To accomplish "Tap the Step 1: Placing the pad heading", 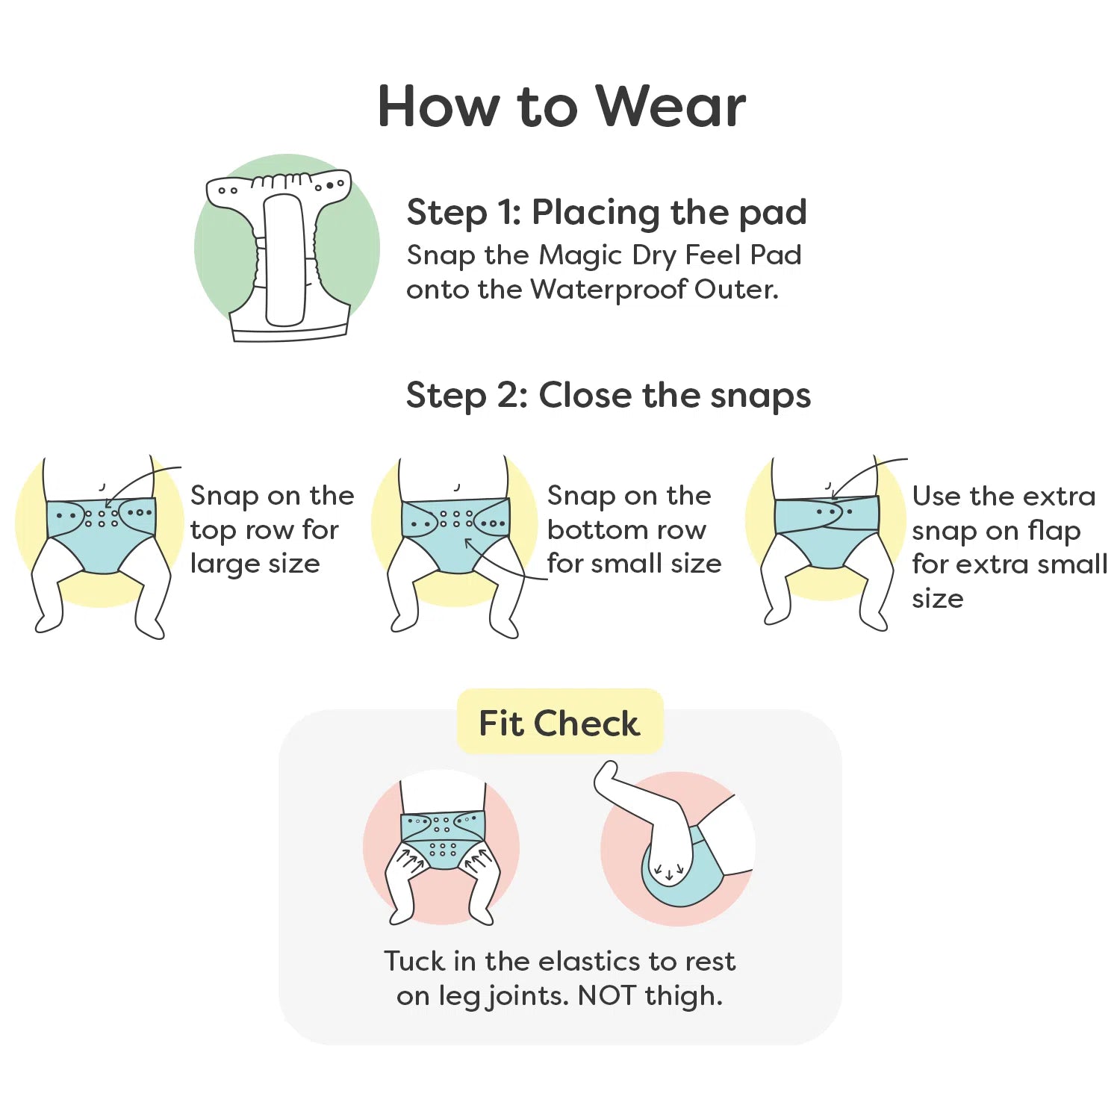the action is point(606,212).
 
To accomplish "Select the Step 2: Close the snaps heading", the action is point(608,395).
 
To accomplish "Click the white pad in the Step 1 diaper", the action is point(284,259).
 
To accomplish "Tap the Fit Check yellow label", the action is point(559,723).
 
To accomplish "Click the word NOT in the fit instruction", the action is point(607,995).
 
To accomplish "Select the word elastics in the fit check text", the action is point(590,961).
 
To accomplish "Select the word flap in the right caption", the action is point(1054,531).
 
